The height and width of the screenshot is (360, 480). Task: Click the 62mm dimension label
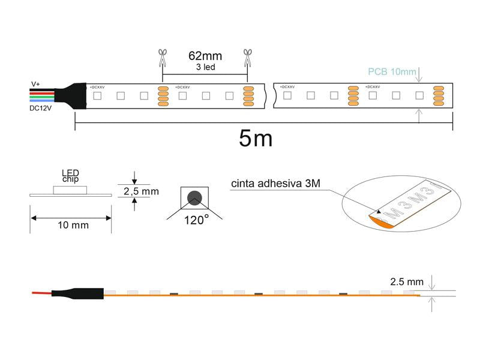[205, 56]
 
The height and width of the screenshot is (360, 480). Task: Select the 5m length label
[255, 139]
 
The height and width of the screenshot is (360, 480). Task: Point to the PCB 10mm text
[392, 72]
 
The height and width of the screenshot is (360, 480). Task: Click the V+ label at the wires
[36, 84]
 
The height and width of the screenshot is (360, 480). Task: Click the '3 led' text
[205, 67]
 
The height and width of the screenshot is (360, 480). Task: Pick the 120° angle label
[196, 220]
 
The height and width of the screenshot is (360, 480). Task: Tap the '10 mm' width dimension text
[73, 225]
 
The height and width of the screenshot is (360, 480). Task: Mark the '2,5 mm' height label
[141, 191]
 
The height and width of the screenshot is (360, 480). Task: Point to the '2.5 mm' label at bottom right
[407, 281]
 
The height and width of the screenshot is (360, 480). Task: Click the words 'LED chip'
[70, 176]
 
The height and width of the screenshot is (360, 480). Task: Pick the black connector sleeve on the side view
[78, 293]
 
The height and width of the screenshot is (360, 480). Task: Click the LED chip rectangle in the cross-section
[70, 190]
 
